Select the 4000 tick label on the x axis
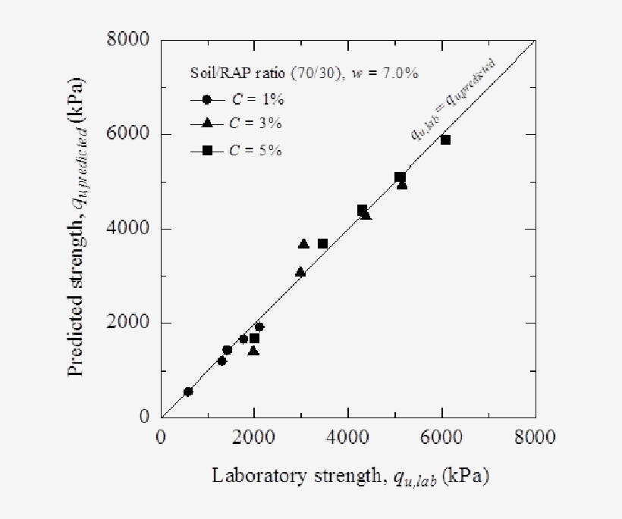click(x=348, y=437)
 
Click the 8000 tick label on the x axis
click(x=536, y=437)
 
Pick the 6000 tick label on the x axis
click(x=442, y=437)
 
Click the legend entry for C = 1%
click(x=236, y=99)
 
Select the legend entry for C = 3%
click(x=236, y=124)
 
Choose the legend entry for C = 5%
click(x=236, y=150)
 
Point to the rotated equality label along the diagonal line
click(x=463, y=99)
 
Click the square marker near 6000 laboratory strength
click(x=445, y=139)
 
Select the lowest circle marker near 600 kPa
click(x=188, y=391)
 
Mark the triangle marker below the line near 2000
click(x=253, y=351)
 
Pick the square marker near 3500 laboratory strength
click(x=322, y=243)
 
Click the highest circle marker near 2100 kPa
click(x=259, y=327)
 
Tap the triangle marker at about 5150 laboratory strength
click(x=402, y=185)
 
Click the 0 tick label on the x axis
click(x=161, y=437)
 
